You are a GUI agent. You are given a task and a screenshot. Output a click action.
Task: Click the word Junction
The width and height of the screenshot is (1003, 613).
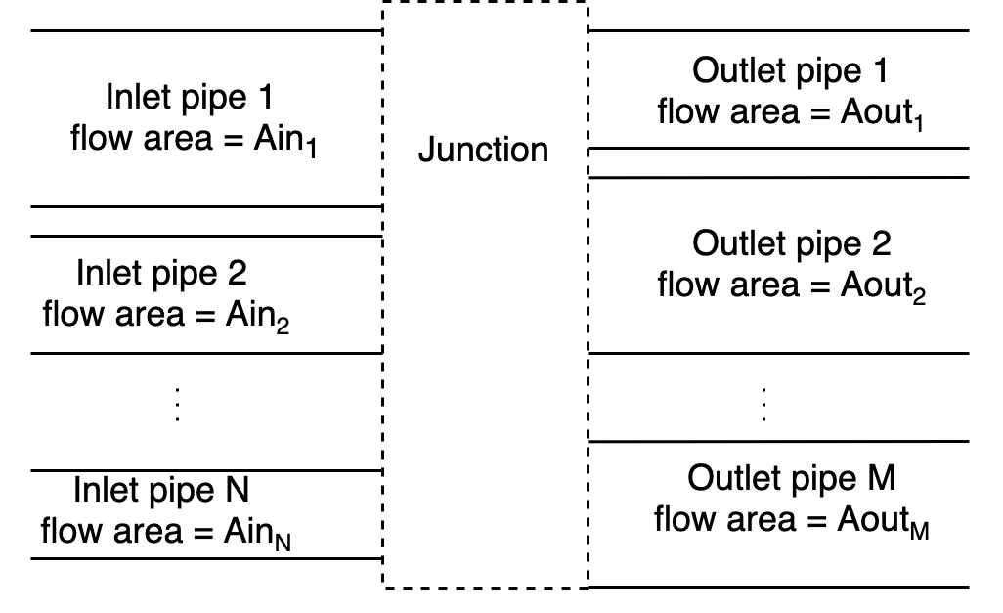(x=483, y=150)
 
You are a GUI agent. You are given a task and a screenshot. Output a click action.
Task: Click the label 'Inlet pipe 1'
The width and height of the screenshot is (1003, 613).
(x=189, y=97)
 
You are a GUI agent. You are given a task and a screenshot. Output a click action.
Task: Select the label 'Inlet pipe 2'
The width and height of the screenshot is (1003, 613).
(x=161, y=273)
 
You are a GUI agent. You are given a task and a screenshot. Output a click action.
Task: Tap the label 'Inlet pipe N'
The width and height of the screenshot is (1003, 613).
(x=161, y=489)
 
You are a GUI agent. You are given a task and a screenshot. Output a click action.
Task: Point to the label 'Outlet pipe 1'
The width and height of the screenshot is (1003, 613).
(x=791, y=71)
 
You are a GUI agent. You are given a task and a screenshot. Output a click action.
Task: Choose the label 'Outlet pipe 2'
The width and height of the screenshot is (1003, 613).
(x=791, y=243)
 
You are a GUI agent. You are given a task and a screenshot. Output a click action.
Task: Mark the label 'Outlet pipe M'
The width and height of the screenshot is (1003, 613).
(x=791, y=478)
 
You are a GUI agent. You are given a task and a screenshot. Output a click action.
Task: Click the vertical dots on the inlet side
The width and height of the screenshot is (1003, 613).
(x=177, y=403)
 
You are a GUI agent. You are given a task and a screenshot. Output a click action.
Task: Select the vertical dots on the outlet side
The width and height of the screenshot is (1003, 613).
(x=763, y=403)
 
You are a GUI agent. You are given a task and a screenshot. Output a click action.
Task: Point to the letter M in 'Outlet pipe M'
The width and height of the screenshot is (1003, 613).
(x=881, y=478)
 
